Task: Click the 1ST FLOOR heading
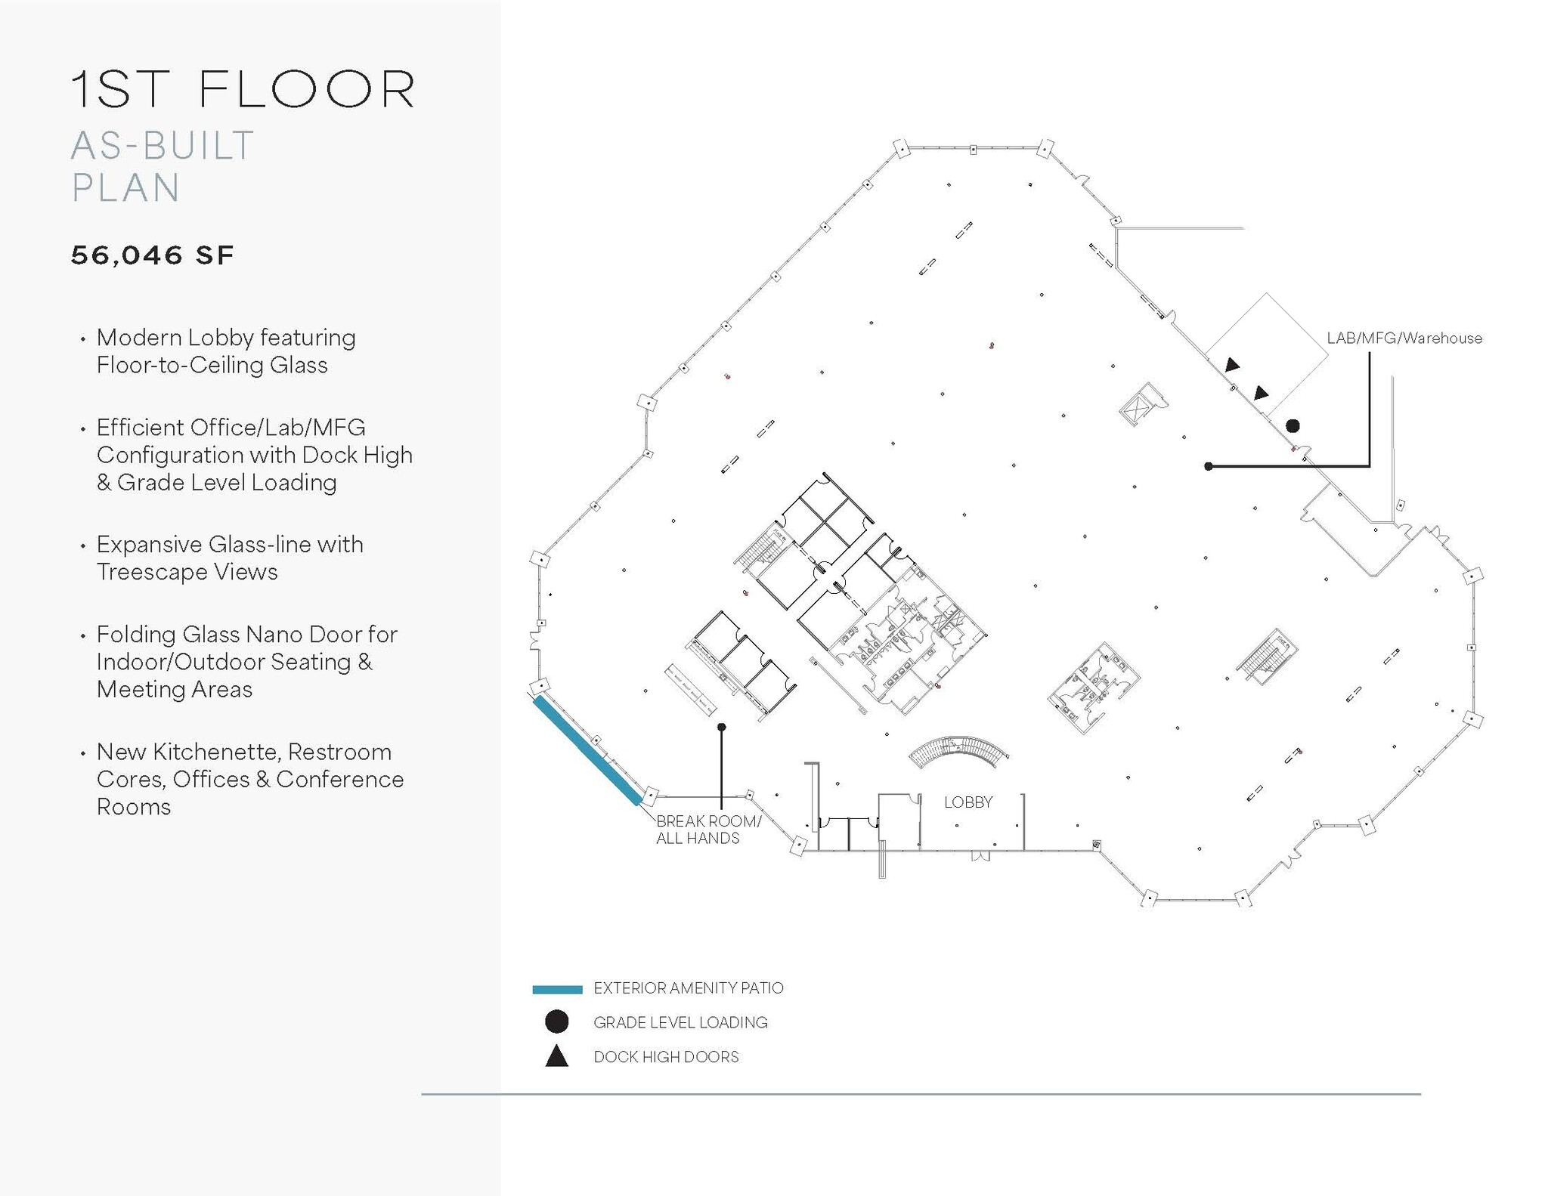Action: coord(242,90)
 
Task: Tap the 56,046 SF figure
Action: coord(152,255)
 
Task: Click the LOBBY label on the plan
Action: coord(967,802)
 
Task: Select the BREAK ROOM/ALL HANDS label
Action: coord(707,830)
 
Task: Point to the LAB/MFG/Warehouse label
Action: coord(1404,338)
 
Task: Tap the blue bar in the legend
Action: coord(557,989)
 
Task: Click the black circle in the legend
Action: coord(557,1022)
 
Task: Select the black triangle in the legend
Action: coord(557,1057)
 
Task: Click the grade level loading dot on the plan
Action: coord(1293,426)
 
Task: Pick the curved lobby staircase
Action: coord(958,752)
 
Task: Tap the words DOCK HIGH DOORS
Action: coord(666,1057)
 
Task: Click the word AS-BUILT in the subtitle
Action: coord(163,146)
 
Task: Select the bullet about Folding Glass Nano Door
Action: coord(246,662)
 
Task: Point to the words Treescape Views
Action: coord(187,572)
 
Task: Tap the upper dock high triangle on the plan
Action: coord(1232,365)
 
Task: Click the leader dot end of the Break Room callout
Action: coord(721,727)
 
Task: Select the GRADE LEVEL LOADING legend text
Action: coord(680,1022)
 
